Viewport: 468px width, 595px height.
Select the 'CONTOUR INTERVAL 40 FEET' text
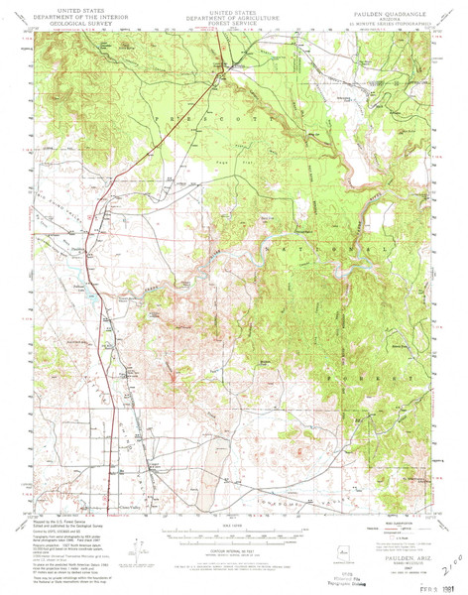point(234,548)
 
